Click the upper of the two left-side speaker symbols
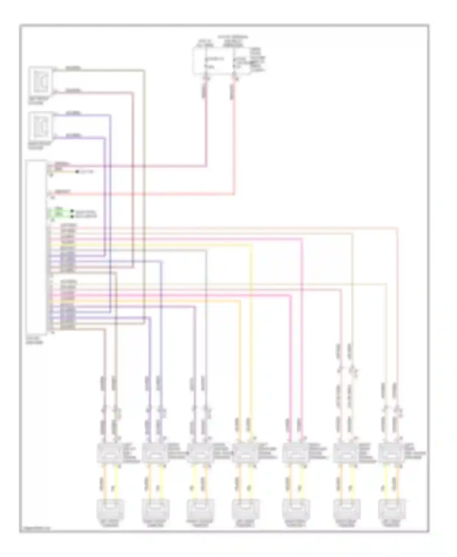click(x=41, y=81)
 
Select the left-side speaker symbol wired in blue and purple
click(x=41, y=126)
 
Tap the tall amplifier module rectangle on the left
click(x=36, y=247)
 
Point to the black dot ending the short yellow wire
click(x=77, y=172)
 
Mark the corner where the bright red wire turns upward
click(x=234, y=194)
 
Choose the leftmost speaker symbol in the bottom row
click(x=110, y=510)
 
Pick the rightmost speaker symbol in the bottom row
click(x=391, y=510)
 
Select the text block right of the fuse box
click(x=258, y=60)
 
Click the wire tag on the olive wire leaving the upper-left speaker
click(x=73, y=68)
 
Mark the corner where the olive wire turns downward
click(x=144, y=71)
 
